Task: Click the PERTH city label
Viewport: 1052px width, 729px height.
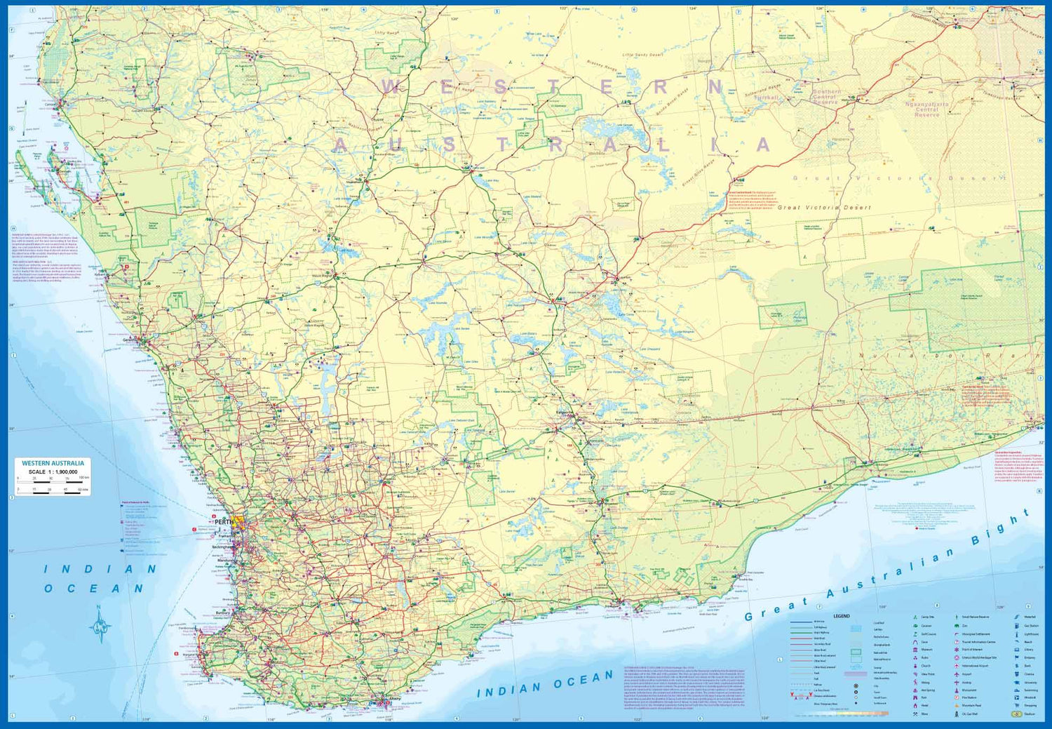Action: point(224,522)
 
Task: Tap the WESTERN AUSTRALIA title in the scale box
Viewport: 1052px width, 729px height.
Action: point(53,463)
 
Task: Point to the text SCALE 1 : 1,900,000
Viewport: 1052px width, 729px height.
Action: point(53,472)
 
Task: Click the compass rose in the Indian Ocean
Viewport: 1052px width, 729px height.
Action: point(100,624)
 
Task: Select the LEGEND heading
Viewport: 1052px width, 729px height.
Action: point(841,616)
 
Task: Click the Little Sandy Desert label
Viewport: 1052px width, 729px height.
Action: point(642,55)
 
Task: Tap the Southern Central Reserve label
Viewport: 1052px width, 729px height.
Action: point(825,97)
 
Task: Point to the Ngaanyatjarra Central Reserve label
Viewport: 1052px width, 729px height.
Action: point(926,109)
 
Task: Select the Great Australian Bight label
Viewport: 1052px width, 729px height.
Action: point(887,568)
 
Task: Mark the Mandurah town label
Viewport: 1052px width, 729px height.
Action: point(226,561)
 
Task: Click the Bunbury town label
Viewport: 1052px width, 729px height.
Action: point(223,613)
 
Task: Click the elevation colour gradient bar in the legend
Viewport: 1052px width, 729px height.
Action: point(842,714)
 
